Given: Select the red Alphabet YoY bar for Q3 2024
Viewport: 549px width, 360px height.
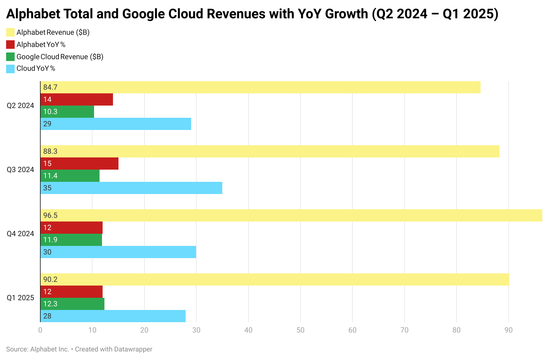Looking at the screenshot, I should point(79,164).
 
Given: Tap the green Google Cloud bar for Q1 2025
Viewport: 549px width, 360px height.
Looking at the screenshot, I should point(72,304).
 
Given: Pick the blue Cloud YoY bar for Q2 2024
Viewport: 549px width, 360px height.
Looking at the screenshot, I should point(116,124).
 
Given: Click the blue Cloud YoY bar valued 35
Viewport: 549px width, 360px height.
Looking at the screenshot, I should point(131,188).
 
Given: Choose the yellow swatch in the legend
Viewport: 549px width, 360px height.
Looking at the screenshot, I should point(10,32).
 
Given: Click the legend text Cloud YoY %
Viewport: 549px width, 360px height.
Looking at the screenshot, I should point(36,69).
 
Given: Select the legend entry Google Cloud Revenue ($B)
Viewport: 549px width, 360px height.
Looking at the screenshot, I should point(60,57).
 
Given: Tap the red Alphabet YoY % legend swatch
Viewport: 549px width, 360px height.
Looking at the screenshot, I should point(10,45).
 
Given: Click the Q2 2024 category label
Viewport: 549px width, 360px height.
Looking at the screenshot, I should point(20,106).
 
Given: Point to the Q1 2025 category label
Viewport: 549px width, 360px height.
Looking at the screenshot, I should point(20,298).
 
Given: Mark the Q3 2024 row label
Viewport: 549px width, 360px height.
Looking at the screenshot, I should point(20,170).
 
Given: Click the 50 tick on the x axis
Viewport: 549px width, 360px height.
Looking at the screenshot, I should point(300,330).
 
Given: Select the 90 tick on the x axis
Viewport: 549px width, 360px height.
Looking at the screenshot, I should point(508,330).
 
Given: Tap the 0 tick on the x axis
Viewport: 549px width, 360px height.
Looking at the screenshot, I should point(40,330).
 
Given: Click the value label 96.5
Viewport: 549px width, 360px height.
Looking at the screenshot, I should point(50,215).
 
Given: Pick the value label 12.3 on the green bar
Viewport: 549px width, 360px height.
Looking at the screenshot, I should point(50,304).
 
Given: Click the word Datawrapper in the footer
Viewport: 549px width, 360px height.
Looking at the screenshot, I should point(133,349).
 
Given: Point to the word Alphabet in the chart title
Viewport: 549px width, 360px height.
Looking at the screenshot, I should point(33,14).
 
